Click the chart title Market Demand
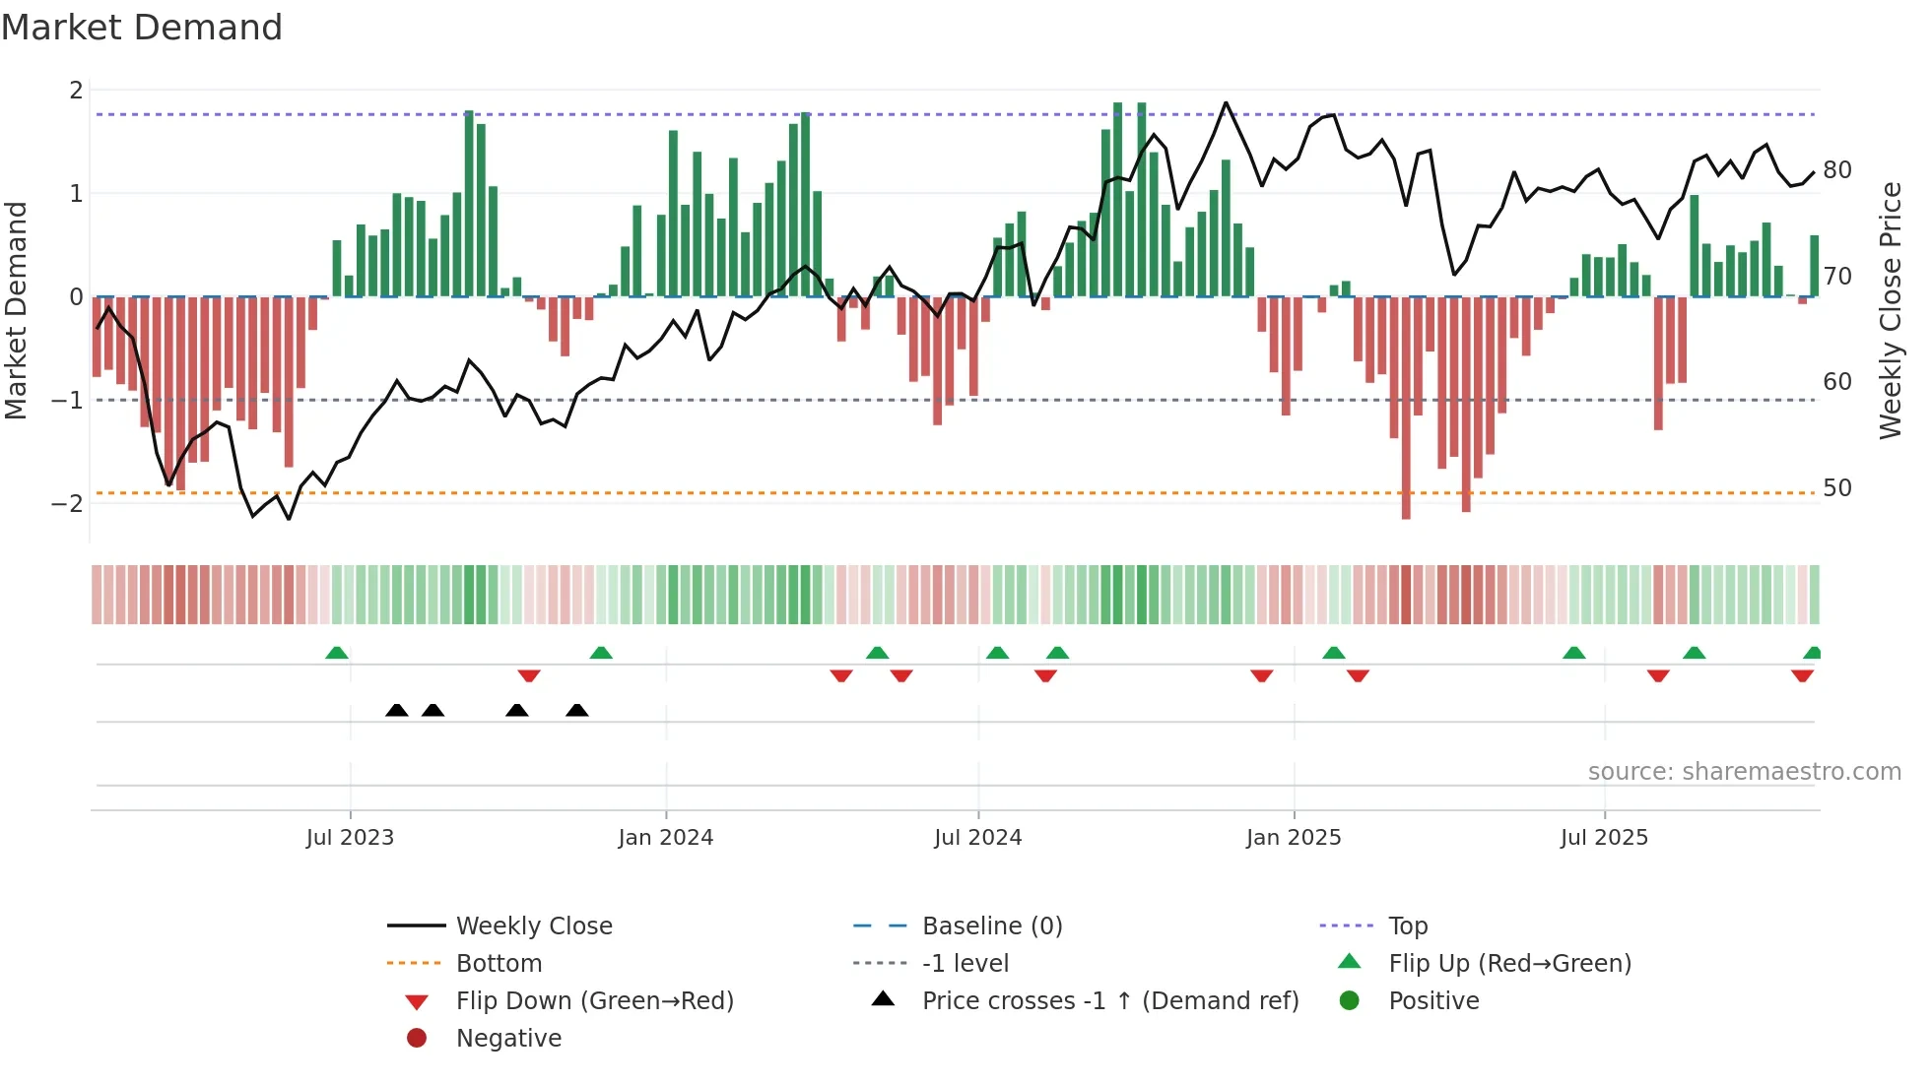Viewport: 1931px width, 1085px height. (x=142, y=28)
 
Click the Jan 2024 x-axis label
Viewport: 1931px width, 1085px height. (x=665, y=838)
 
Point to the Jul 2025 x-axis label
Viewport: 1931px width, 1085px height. (x=1604, y=838)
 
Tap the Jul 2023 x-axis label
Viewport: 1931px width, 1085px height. (x=350, y=838)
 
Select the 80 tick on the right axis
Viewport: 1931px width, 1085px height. (x=1837, y=170)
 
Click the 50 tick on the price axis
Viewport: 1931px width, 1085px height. (x=1837, y=488)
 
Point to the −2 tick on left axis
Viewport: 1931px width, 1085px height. (x=68, y=503)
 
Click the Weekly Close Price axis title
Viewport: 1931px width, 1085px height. (x=1891, y=310)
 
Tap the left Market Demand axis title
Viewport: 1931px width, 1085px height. (x=16, y=310)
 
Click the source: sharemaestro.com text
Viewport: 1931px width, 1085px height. (x=1744, y=772)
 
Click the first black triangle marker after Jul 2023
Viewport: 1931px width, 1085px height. (x=397, y=711)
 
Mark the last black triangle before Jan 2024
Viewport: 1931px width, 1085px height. (x=577, y=711)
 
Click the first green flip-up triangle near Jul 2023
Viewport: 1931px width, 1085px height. (x=337, y=653)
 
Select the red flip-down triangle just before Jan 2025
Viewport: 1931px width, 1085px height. (x=1262, y=675)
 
